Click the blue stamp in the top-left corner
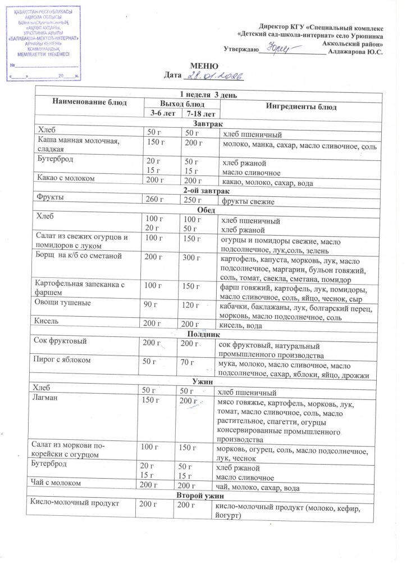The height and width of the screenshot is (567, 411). click(x=44, y=42)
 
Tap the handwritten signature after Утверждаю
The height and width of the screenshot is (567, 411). click(x=279, y=50)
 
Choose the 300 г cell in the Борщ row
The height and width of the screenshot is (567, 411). click(x=191, y=258)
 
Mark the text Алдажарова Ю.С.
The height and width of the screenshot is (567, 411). click(x=356, y=52)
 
